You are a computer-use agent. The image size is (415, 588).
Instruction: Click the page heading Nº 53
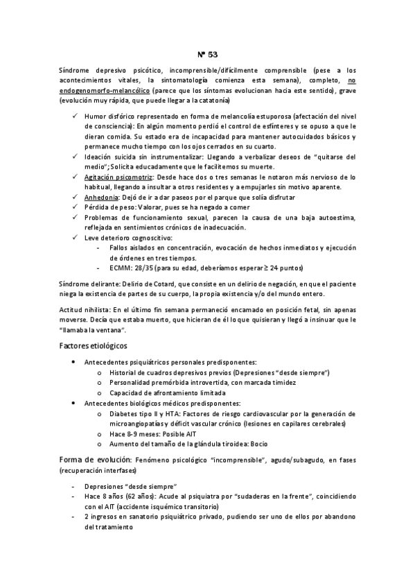coord(207,53)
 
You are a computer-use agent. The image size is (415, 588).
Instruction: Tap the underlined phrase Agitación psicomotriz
coord(114,178)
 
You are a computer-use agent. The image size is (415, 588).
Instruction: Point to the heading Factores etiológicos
coord(93,345)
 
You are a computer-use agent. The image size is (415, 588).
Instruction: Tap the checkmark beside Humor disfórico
coord(75,117)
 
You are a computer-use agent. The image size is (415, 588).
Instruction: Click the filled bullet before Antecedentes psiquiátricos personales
coord(75,363)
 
